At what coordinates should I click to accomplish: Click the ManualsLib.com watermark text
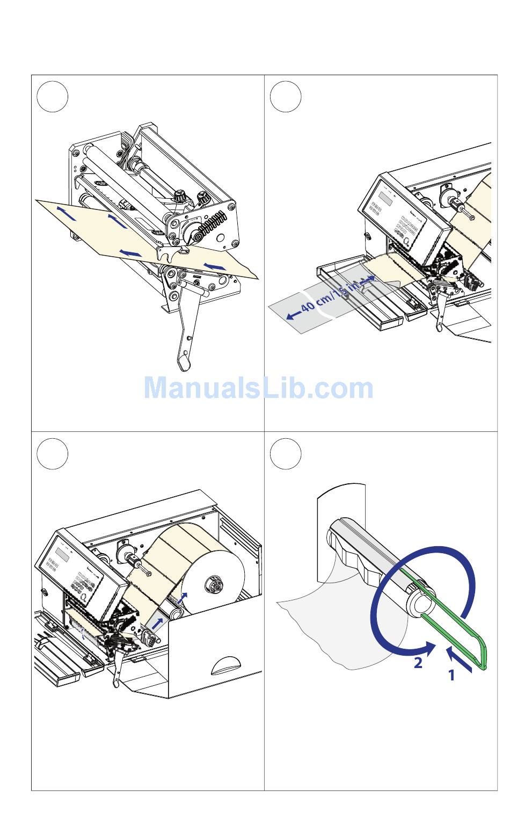pyautogui.click(x=258, y=388)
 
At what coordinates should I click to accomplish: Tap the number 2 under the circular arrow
pyautogui.click(x=418, y=663)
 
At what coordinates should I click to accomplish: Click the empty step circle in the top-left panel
pyautogui.click(x=53, y=97)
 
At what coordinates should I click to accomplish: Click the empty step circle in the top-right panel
pyautogui.click(x=286, y=97)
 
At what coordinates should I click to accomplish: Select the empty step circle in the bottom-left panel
pyautogui.click(x=53, y=454)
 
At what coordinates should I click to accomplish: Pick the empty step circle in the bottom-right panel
pyautogui.click(x=286, y=454)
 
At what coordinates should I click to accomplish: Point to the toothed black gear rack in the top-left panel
pyautogui.click(x=213, y=222)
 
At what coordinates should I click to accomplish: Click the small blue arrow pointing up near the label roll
pyautogui.click(x=185, y=598)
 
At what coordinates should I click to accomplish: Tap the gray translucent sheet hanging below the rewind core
pyautogui.click(x=333, y=628)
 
